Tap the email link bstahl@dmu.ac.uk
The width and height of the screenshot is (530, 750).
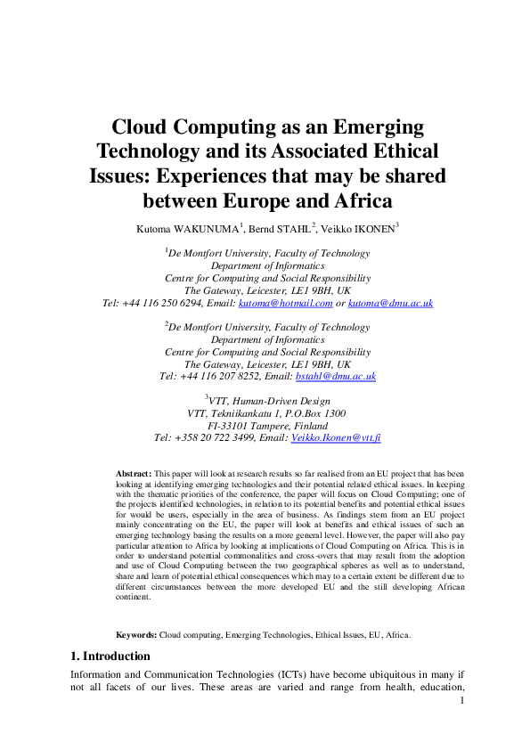coord(342,376)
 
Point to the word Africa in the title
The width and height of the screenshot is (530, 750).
coord(356,199)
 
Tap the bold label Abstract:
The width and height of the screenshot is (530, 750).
coord(135,472)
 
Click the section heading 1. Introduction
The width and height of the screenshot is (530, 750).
coord(110,656)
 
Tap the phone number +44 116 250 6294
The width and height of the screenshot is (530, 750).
coord(167,303)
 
